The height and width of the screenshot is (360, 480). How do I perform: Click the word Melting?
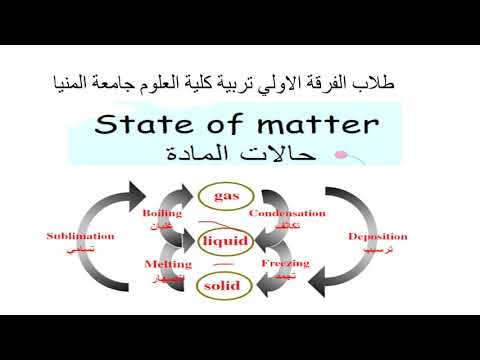click(x=162, y=263)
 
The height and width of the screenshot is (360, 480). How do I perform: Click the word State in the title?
click(x=141, y=125)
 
